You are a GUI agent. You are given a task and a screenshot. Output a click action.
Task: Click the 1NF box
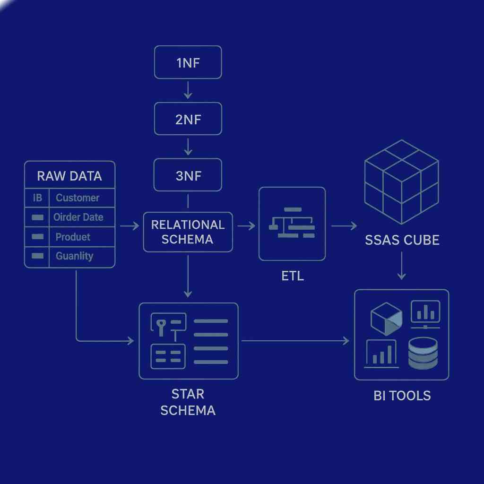tap(188, 62)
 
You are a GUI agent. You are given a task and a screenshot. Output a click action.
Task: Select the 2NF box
tap(188, 119)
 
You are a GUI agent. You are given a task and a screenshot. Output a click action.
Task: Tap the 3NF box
tap(188, 175)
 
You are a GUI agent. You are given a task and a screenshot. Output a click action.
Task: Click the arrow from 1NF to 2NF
tap(188, 90)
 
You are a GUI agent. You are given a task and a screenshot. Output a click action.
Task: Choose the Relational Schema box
tap(188, 232)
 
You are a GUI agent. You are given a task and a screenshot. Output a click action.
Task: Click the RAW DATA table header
tap(69, 176)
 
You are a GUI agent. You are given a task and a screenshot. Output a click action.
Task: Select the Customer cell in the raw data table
tap(78, 198)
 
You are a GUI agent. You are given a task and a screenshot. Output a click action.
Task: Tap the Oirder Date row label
tap(78, 217)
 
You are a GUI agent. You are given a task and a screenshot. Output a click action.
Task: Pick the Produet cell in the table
tap(73, 237)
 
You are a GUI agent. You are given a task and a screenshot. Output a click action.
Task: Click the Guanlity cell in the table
tap(74, 256)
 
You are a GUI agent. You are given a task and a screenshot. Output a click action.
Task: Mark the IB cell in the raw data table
tap(37, 198)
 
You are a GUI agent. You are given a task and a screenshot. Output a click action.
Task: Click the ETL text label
tap(292, 276)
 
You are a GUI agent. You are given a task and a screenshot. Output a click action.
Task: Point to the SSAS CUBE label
tap(402, 240)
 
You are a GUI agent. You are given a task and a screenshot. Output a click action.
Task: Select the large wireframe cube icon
tap(402, 182)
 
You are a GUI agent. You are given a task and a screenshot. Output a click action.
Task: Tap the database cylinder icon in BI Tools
tap(423, 353)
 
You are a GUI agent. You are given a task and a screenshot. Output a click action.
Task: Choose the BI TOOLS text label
tap(402, 396)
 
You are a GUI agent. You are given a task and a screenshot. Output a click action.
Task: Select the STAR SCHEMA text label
tap(188, 402)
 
